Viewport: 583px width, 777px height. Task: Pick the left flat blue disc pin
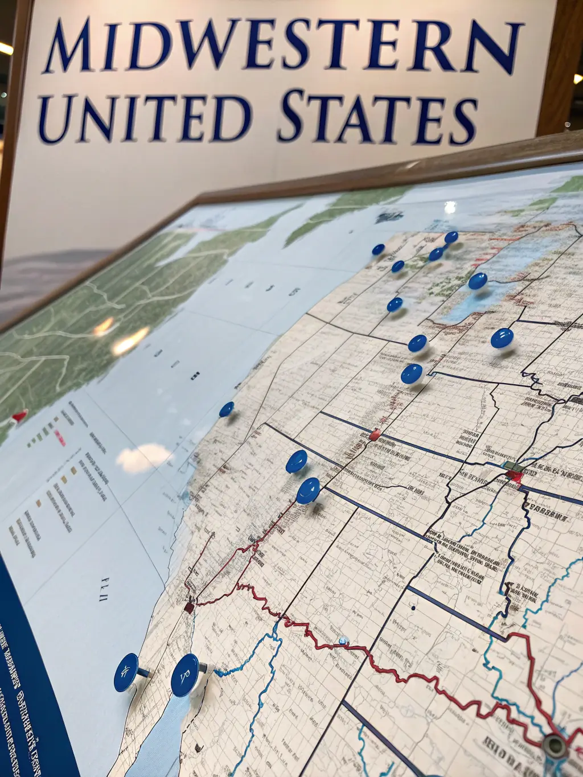(126, 672)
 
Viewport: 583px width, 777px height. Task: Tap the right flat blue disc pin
(185, 675)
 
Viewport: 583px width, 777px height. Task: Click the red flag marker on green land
(19, 416)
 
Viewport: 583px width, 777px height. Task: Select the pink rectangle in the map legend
(59, 438)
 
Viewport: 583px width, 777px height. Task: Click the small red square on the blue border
(374, 435)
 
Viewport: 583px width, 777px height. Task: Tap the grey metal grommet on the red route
(553, 743)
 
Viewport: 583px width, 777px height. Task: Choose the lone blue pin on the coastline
(227, 409)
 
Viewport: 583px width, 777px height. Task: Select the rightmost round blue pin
(502, 338)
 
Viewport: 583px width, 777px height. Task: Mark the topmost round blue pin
(451, 237)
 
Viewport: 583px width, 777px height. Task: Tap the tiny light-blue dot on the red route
(342, 641)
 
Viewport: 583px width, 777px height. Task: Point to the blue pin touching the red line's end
(308, 490)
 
